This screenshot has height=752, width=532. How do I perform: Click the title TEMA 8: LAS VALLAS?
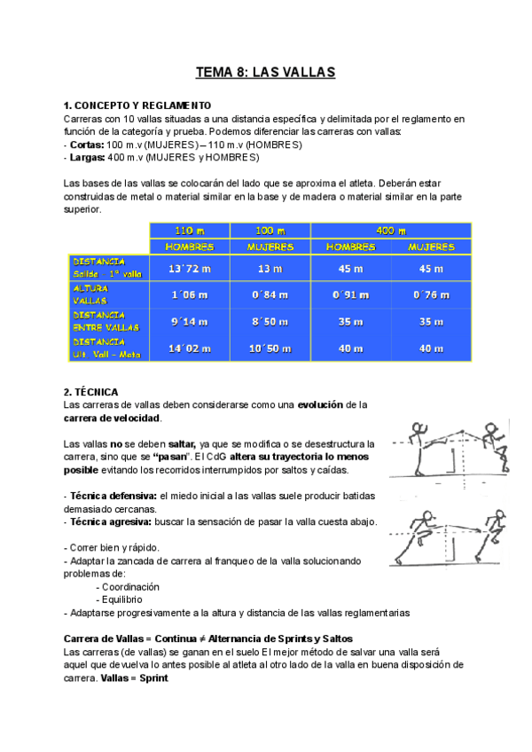click(x=265, y=73)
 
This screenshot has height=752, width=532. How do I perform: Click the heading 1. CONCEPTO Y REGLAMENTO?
click(x=137, y=106)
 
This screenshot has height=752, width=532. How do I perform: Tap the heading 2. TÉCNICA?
click(x=97, y=391)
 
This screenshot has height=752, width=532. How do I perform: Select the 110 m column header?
click(x=189, y=231)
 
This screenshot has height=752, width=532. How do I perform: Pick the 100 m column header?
click(x=270, y=231)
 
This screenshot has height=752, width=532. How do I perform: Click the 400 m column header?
click(x=391, y=231)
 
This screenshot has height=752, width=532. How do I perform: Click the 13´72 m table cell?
click(x=189, y=269)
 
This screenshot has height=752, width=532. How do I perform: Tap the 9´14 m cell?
click(x=189, y=322)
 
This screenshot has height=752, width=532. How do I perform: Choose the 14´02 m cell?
click(x=189, y=349)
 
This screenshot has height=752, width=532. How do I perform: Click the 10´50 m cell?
click(x=270, y=349)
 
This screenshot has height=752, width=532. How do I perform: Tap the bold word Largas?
click(x=88, y=157)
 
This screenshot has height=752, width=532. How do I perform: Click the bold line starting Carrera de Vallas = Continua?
click(x=208, y=638)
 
